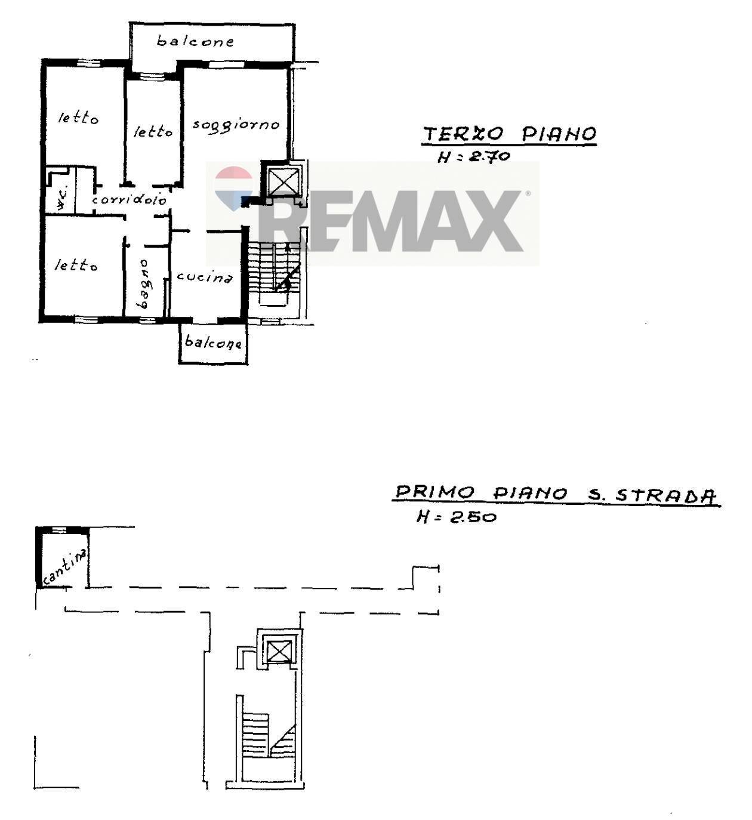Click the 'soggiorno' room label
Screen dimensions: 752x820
tap(236, 125)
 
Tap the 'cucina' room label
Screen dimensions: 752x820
tap(205, 277)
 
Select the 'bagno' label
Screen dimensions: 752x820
tap(143, 284)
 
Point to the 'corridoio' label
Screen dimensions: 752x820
tap(130, 199)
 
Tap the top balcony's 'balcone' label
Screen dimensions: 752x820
tap(196, 41)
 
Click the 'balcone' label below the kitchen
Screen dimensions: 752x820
tap(213, 342)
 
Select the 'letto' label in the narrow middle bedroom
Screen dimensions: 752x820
tap(153, 131)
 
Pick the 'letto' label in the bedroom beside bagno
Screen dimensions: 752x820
tap(76, 266)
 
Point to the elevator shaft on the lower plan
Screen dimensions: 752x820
tap(279, 651)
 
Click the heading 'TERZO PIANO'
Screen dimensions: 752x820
tap(510, 134)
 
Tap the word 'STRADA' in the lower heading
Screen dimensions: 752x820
tap(666, 496)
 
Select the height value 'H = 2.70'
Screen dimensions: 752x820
tap(474, 156)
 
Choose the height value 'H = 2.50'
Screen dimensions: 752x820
tap(457, 517)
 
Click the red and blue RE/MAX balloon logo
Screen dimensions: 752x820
tap(234, 189)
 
